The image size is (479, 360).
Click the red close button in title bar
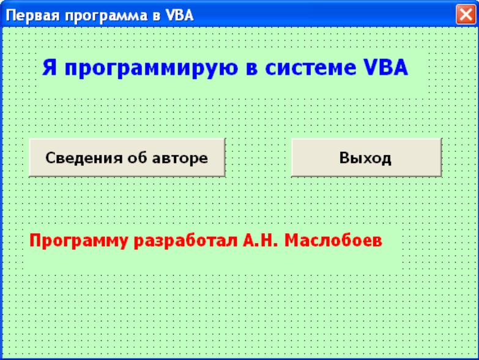(466, 14)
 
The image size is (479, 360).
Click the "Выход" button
(366, 157)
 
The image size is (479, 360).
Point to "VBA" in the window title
(180, 15)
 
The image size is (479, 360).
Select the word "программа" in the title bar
(106, 16)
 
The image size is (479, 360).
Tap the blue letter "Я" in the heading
(50, 67)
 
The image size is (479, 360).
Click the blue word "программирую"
(151, 69)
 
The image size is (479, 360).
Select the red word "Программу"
(78, 241)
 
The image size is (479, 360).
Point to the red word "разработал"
(185, 241)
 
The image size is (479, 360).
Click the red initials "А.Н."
(260, 240)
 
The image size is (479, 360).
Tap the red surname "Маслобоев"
(333, 240)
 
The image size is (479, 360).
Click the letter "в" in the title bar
(157, 16)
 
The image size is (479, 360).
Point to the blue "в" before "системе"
(251, 69)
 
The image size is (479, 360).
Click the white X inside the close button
(466, 14)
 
